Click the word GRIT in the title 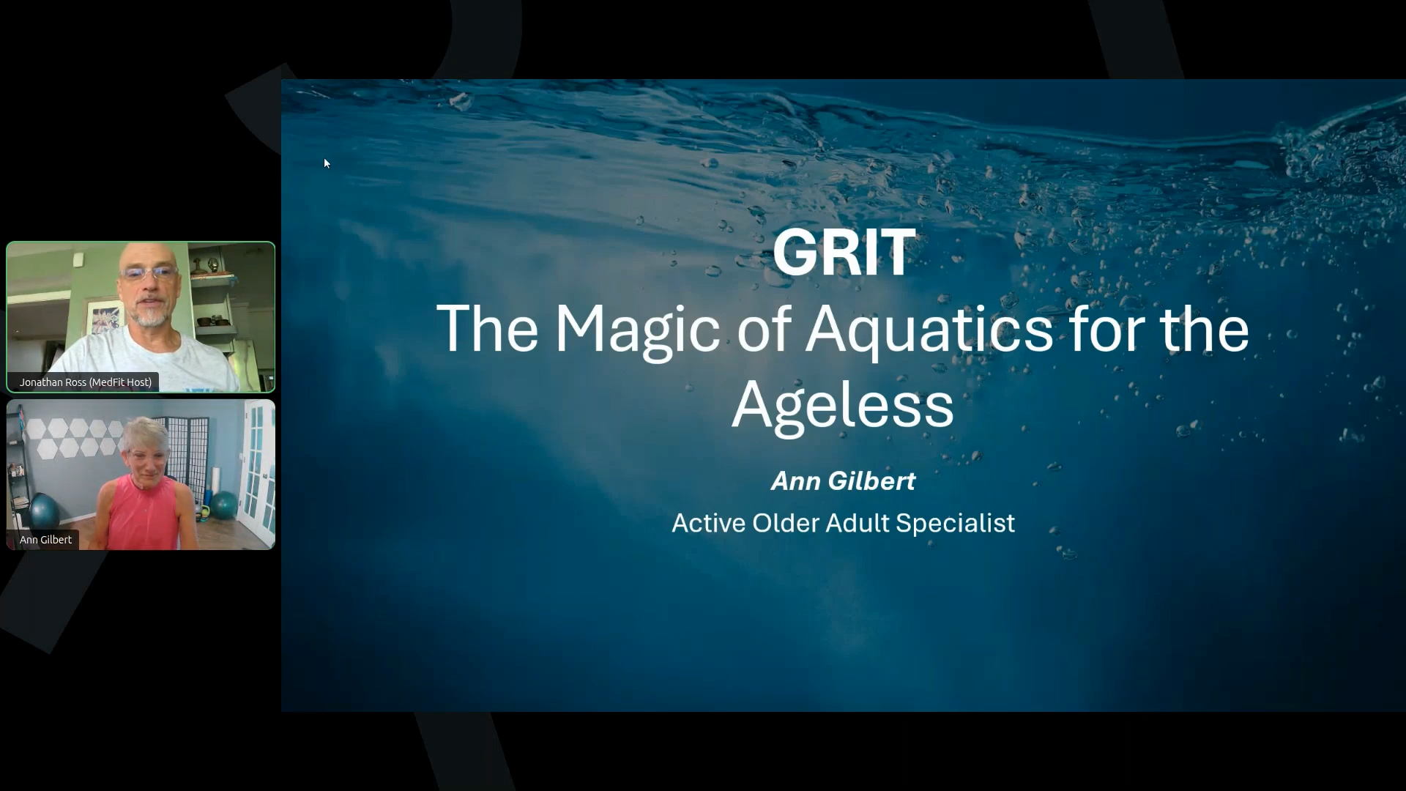pos(844,252)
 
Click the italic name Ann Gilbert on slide pos(843,481)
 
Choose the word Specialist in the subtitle pos(955,524)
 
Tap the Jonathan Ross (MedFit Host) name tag pos(86,382)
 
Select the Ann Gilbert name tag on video pos(45,540)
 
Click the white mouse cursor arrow pos(327,163)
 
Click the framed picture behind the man pos(105,316)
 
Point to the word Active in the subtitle pos(709,523)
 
